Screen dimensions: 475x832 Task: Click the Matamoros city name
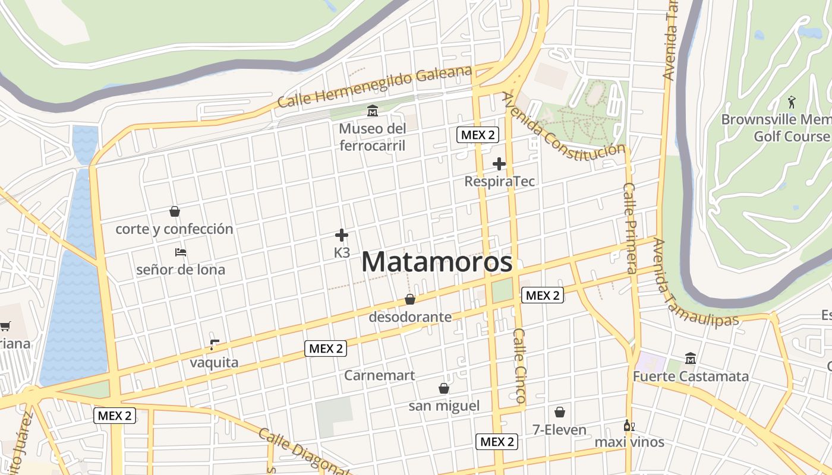coord(437,262)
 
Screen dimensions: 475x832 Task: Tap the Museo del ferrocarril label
coord(373,137)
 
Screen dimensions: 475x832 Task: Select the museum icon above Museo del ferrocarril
coord(373,110)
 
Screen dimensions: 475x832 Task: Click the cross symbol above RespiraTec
coord(499,164)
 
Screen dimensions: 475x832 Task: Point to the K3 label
coord(342,252)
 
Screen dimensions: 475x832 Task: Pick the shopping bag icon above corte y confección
coord(175,211)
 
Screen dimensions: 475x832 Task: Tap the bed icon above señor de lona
coord(181,252)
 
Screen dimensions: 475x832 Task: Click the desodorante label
coord(410,317)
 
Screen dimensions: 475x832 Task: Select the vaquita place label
coord(214,363)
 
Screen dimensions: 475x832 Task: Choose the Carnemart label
coord(380,375)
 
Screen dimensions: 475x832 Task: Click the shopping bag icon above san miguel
coord(443,388)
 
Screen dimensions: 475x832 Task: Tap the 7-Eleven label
coord(559,430)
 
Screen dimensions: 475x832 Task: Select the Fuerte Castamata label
coord(691,376)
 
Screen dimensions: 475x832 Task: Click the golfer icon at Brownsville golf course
coord(791,102)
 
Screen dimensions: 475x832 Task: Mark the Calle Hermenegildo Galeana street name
coord(374,88)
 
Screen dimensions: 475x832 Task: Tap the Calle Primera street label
coord(631,227)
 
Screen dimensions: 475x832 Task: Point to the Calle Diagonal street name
coord(303,451)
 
